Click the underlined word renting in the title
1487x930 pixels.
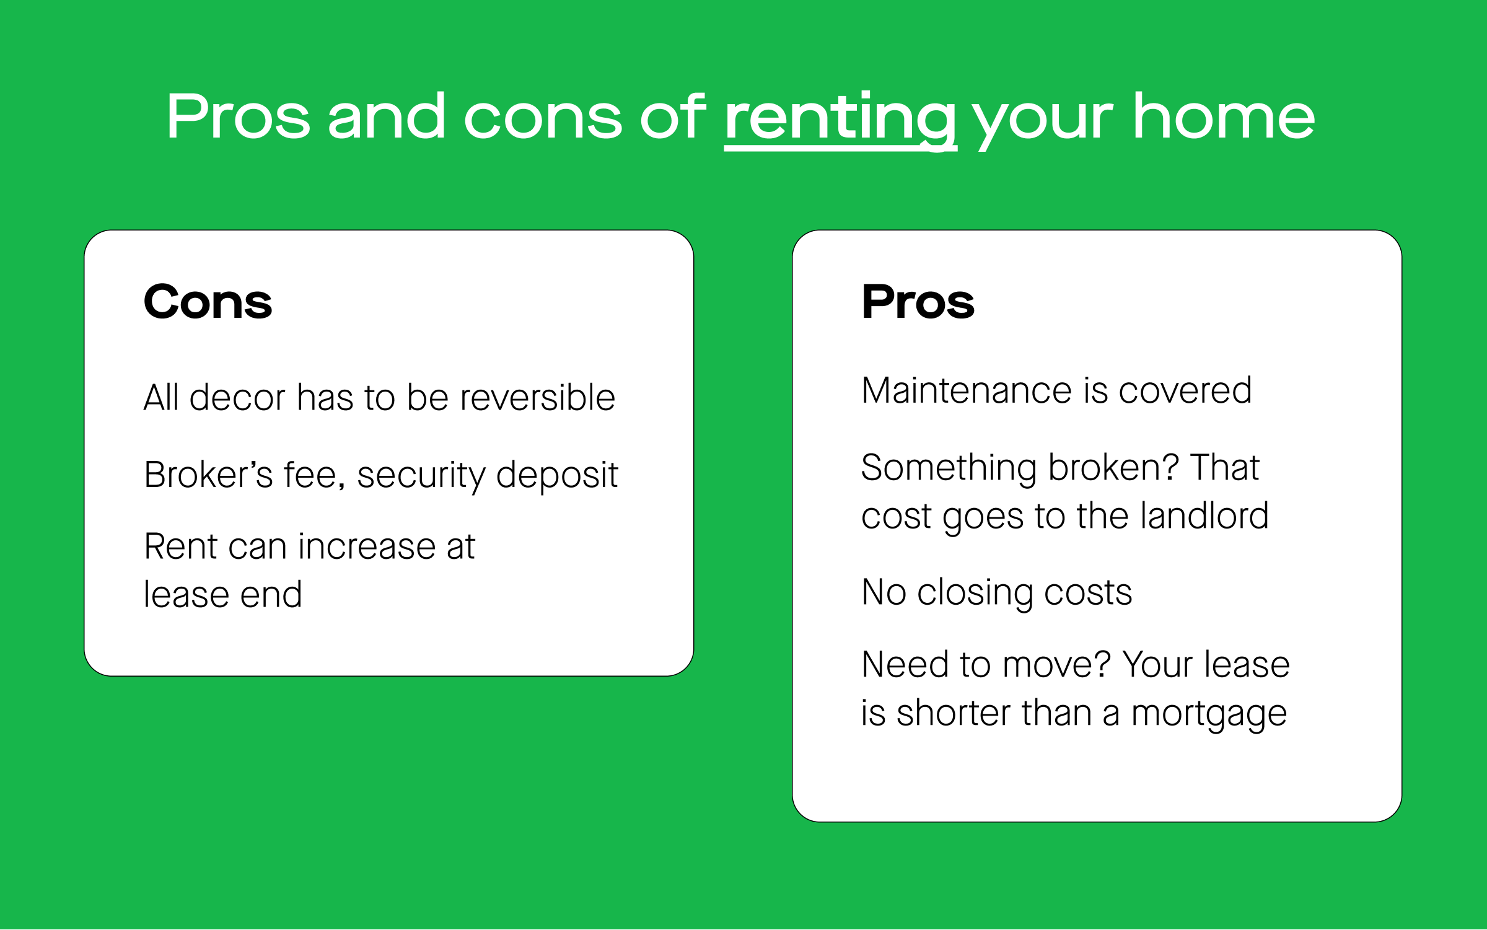pos(841,120)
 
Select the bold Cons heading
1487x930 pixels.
pos(208,302)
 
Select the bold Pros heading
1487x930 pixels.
pos(918,302)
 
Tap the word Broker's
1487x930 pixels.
pos(208,475)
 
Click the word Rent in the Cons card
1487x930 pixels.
pos(180,546)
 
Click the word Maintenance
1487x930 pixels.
pos(967,390)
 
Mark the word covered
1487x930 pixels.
pos(1185,390)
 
